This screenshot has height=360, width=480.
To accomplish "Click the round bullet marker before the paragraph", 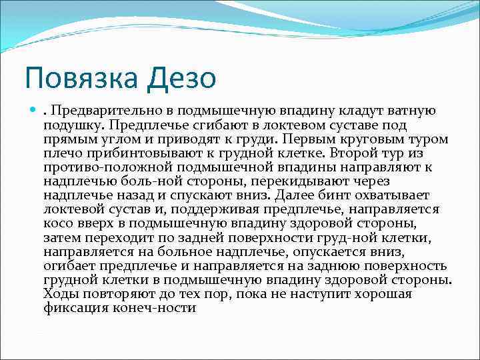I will click(x=33, y=111).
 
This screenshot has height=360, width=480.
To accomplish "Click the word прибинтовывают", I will click(x=131, y=153).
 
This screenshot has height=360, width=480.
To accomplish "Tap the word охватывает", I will click(x=391, y=195).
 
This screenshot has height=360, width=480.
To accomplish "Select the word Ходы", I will click(x=60, y=293).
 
